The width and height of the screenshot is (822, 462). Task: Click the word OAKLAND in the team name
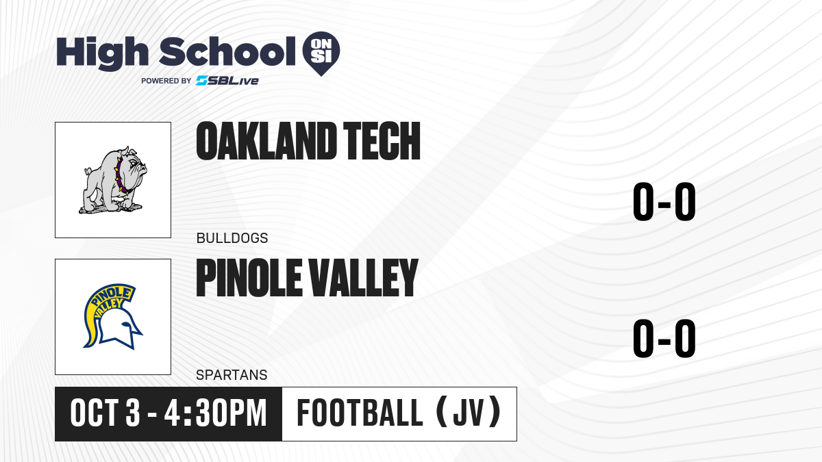click(x=266, y=141)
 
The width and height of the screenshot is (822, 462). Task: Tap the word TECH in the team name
click(x=382, y=141)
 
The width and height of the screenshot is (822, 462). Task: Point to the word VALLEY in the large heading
click(x=363, y=277)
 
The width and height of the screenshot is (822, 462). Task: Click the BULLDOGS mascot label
click(x=232, y=238)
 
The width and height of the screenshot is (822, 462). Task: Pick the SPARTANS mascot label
click(x=232, y=375)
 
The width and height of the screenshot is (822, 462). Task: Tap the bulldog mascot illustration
click(x=113, y=179)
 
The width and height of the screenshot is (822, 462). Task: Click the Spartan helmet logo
click(x=112, y=316)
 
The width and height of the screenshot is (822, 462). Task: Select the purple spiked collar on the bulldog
click(x=122, y=175)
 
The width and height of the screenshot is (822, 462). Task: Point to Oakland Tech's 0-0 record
click(x=664, y=202)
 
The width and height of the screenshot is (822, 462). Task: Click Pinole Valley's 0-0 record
click(x=664, y=338)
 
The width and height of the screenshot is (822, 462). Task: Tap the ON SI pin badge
click(x=321, y=53)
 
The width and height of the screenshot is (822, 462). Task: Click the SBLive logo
click(x=227, y=81)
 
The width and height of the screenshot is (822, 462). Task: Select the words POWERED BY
click(x=166, y=81)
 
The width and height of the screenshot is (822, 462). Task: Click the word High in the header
click(x=103, y=53)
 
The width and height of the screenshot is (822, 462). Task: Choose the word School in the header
click(x=227, y=52)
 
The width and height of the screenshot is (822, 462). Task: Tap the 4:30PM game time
click(x=215, y=413)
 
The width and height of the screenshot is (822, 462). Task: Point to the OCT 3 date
click(x=105, y=413)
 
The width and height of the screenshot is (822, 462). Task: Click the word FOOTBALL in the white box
click(x=360, y=413)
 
